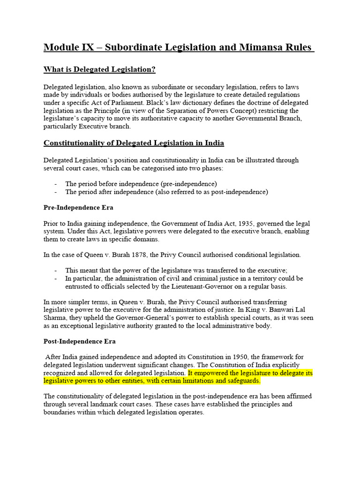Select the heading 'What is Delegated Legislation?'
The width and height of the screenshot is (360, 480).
pos(99,70)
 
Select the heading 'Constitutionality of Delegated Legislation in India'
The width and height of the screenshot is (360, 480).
pos(134,143)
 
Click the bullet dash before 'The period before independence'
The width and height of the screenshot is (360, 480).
pos(56,184)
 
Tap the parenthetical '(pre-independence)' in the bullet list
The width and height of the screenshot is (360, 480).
pos(190,184)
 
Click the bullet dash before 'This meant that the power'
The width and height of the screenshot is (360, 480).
pos(56,270)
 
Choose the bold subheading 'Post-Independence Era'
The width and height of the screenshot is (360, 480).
pos(80,341)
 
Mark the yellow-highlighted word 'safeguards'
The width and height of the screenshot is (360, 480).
pos(241,381)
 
